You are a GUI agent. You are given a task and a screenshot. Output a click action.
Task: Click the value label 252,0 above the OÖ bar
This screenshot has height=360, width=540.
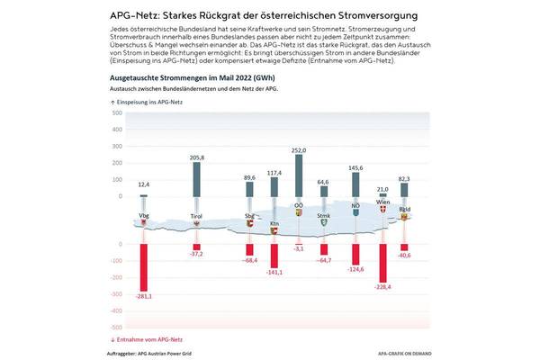pyautogui.click(x=299, y=150)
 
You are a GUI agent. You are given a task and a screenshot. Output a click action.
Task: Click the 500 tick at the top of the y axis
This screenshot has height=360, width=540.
pyautogui.click(x=117, y=113)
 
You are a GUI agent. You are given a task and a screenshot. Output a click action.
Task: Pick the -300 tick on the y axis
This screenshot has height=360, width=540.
pyautogui.click(x=116, y=293)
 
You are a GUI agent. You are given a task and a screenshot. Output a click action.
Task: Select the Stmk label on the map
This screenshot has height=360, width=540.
pyautogui.click(x=324, y=217)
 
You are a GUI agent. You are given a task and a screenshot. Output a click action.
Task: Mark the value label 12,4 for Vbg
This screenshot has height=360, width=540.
pyautogui.click(x=144, y=184)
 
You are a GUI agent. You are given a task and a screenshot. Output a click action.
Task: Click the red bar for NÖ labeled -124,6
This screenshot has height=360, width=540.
pyautogui.click(x=355, y=253)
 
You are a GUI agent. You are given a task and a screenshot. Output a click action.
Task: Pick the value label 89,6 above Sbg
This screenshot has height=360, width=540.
pyautogui.click(x=249, y=178)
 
